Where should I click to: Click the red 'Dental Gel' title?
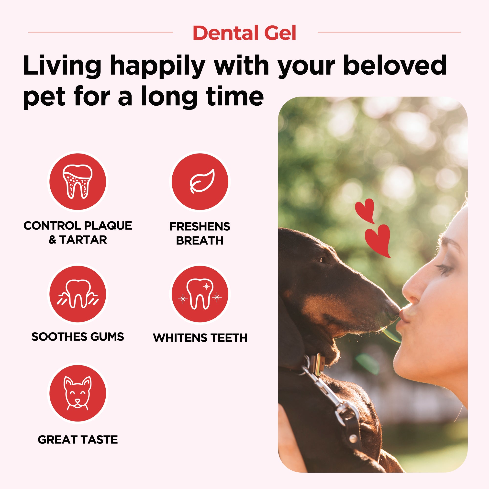click(244, 33)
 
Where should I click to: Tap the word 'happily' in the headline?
click(157, 66)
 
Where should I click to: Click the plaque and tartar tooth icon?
click(78, 181)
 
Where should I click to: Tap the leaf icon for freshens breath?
click(202, 181)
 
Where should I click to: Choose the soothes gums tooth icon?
click(78, 294)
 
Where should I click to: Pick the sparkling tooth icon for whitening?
click(200, 294)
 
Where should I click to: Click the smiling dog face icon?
click(78, 393)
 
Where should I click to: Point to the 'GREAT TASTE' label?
click(78, 440)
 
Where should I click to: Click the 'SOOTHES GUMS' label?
click(78, 337)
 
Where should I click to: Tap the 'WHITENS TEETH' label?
click(200, 338)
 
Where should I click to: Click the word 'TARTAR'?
click(83, 240)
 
